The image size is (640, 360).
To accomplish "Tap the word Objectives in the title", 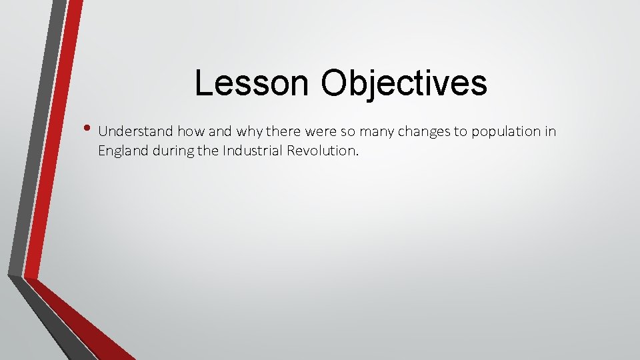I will pos(403,83).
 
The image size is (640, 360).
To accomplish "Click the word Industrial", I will pos(250,151).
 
